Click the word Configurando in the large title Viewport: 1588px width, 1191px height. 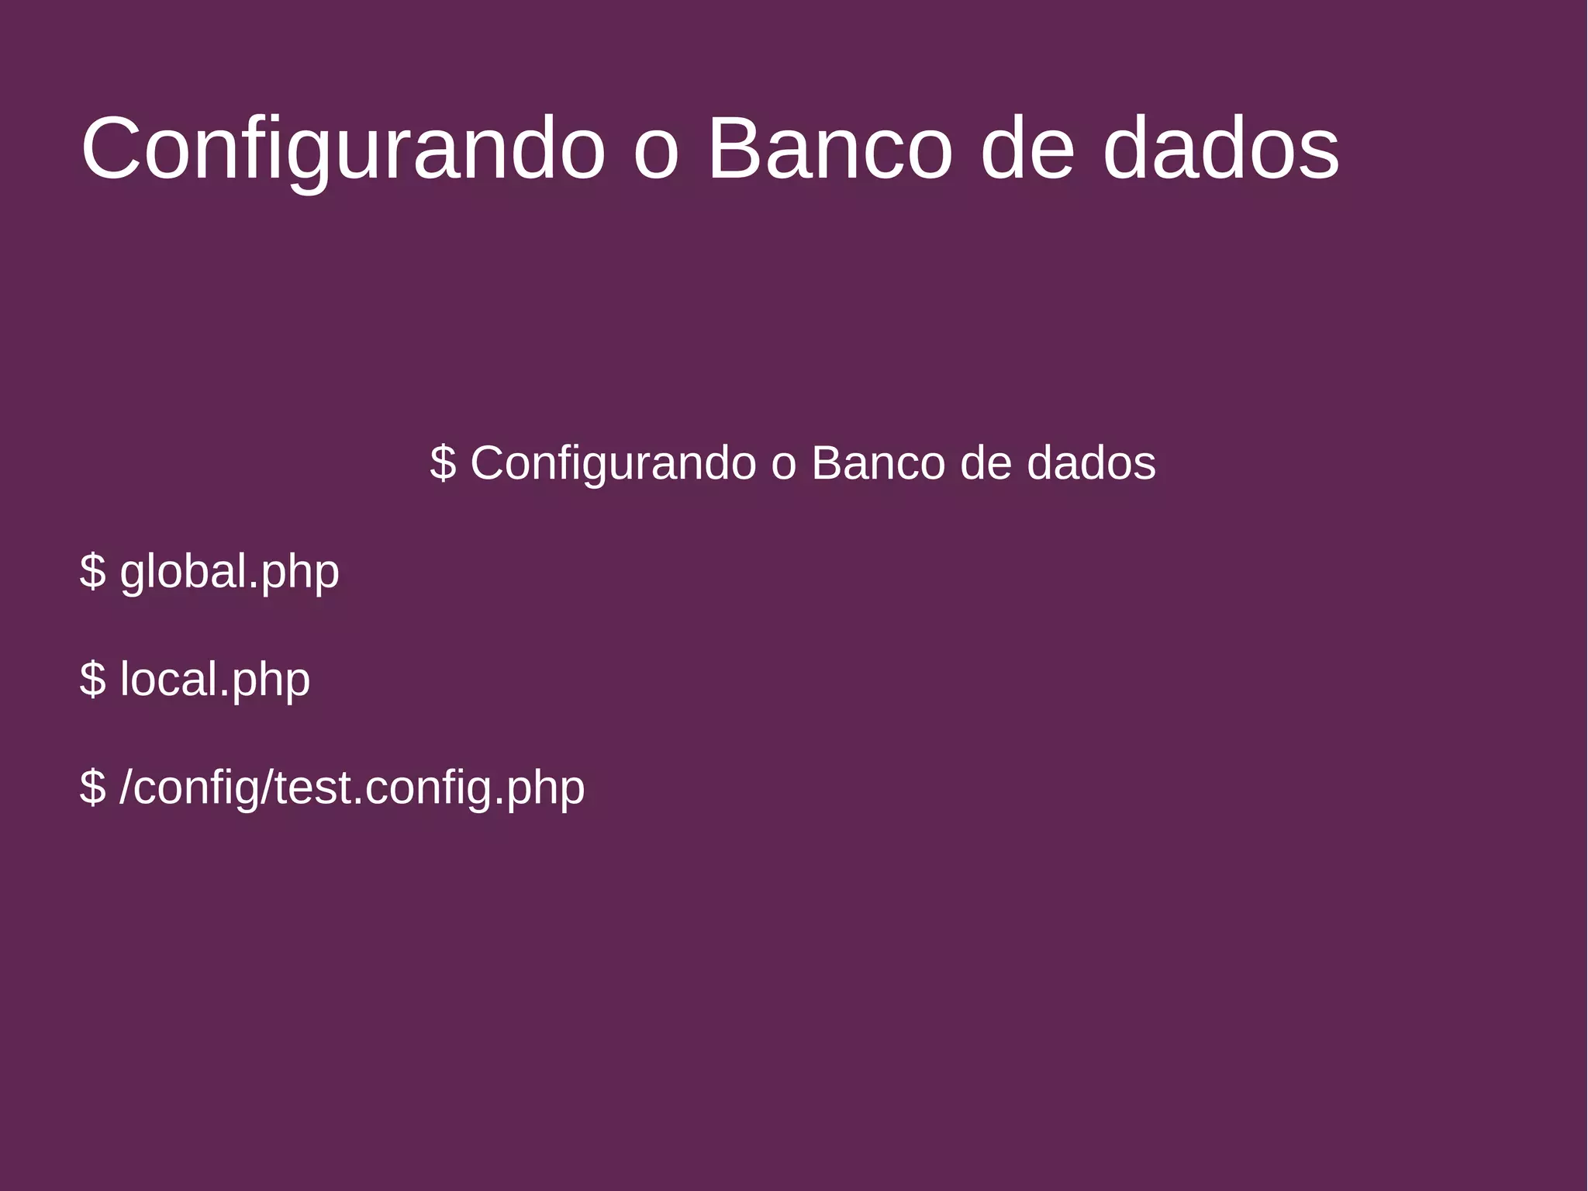(342, 149)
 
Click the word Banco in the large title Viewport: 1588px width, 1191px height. (829, 149)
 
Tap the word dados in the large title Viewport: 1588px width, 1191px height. (1220, 149)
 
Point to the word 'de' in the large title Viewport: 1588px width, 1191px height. (1027, 149)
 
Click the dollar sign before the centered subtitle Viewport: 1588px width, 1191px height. (443, 463)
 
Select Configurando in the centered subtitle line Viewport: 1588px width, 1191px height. (613, 464)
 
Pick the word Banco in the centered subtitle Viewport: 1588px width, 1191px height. (879, 463)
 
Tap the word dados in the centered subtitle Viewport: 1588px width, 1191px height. (1091, 463)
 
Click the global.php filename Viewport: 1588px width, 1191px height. (230, 573)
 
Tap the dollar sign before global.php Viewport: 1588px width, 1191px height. (92, 572)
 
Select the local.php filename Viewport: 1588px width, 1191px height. (215, 680)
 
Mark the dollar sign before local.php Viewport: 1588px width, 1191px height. (92, 680)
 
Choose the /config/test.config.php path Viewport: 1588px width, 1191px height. (352, 788)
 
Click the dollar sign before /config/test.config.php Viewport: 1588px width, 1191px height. (92, 788)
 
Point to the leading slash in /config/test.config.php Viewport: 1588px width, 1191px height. (127, 788)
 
